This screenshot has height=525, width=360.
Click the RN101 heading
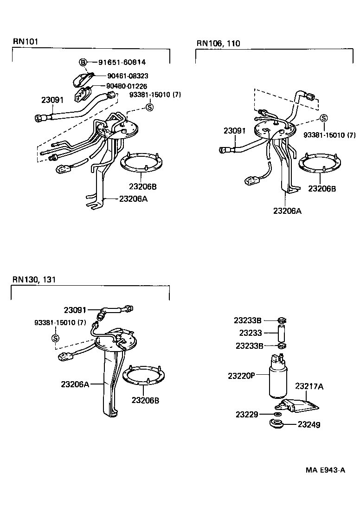tap(25, 41)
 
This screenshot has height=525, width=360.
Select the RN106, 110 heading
tap(218, 44)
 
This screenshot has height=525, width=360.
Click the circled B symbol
tap(83, 62)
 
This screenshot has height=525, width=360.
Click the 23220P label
tap(241, 376)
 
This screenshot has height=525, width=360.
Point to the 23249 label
tap(309, 424)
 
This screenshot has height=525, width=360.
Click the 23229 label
tap(246, 414)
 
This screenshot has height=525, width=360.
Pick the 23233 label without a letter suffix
tap(251, 333)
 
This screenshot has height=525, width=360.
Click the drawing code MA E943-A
tap(325, 470)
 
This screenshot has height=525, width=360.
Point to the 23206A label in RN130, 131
tap(74, 384)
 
